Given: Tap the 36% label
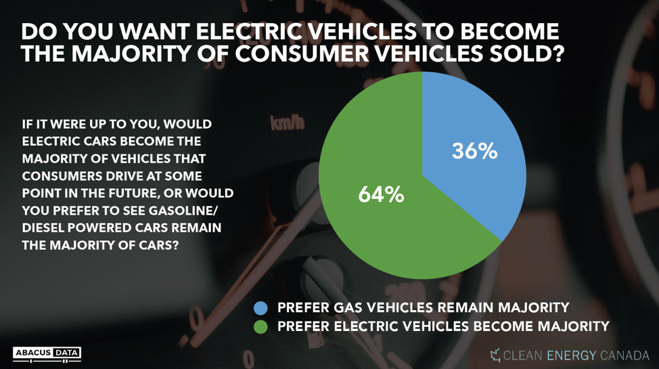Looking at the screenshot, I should pos(474,151).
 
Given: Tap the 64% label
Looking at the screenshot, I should pos(380,195).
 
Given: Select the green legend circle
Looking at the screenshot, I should pos(260,327).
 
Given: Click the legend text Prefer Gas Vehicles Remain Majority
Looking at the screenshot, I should pos(423,307).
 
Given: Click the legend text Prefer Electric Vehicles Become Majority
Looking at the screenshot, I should pos(443,326).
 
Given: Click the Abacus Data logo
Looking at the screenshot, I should pos(47,353).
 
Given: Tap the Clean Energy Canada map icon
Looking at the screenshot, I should pos(495,355).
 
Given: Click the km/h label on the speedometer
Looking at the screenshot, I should pos(288,124).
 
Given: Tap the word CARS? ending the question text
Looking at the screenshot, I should pos(158,245).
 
